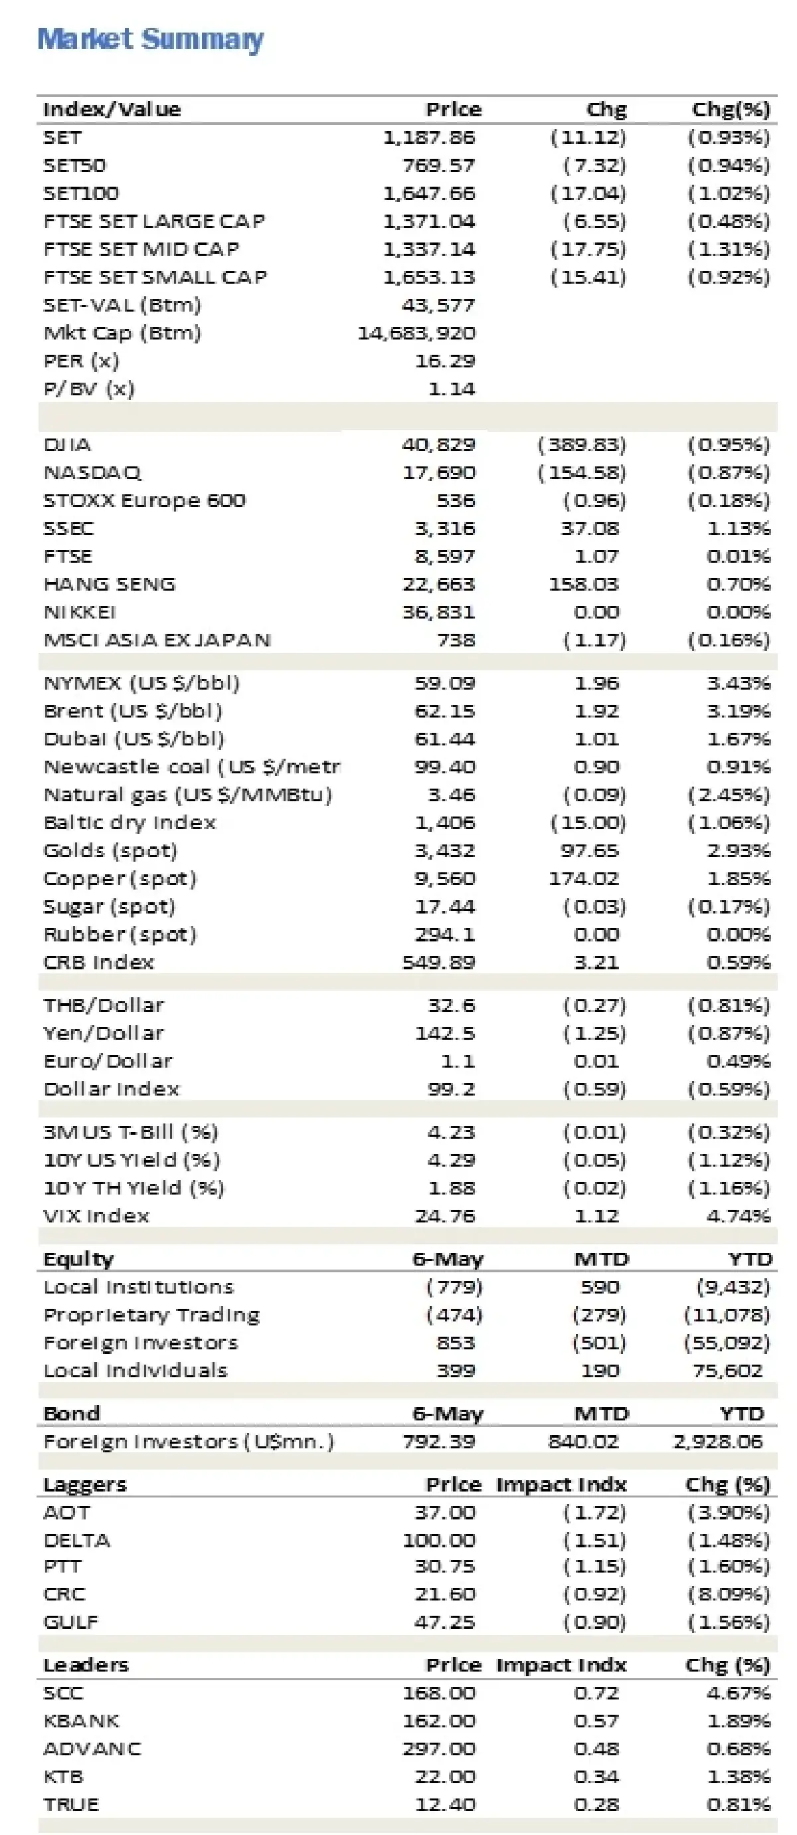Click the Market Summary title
[x=150, y=39]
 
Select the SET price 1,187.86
[x=429, y=138]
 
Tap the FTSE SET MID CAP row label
[x=141, y=249]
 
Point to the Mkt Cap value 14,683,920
[x=416, y=334]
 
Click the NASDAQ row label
[x=92, y=473]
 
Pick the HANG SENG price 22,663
[x=438, y=585]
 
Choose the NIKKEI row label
[x=80, y=613]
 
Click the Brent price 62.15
[x=444, y=712]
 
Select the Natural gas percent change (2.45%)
[x=729, y=795]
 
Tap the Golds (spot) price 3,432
[x=444, y=851]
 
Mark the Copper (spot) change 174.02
[x=583, y=879]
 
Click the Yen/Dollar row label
[x=104, y=1034]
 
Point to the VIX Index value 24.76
[x=444, y=1216]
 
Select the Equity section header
[x=78, y=1260]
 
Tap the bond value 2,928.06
[x=717, y=1442]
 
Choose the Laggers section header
[x=85, y=1484]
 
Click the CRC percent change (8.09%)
[x=729, y=1594]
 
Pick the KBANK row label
[x=81, y=1721]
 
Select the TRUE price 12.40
[x=444, y=1804]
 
